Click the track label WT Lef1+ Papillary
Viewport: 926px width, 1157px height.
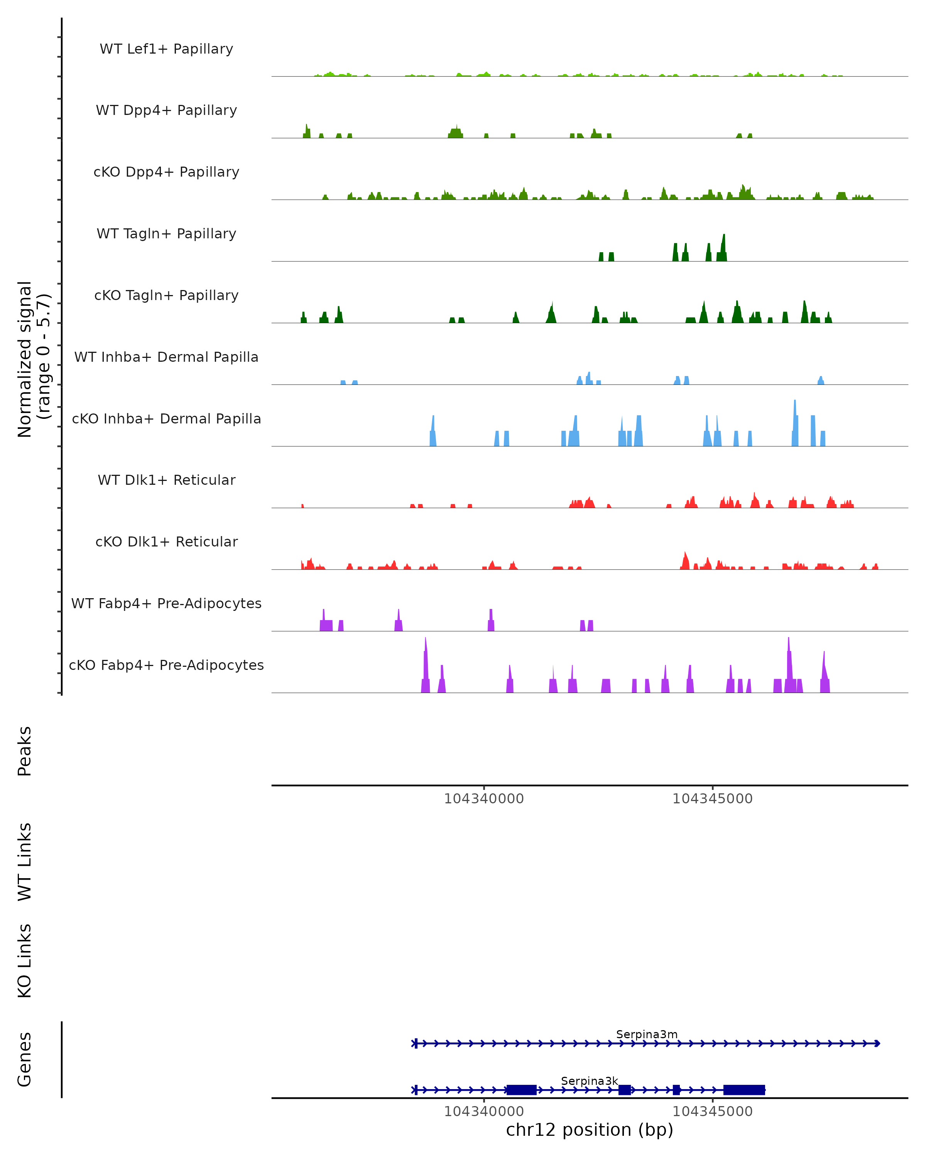[x=166, y=49]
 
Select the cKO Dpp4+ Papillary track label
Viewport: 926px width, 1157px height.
[x=166, y=172]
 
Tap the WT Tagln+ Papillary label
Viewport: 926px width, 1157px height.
[x=166, y=234]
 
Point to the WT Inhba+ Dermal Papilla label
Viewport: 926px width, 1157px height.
[x=166, y=358]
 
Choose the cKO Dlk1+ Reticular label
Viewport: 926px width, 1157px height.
[x=166, y=542]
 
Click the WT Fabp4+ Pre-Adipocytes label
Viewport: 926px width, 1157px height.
[x=166, y=604]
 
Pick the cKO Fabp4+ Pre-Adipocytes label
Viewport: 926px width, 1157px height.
[x=166, y=665]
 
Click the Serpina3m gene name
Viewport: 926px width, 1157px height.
[x=647, y=1035]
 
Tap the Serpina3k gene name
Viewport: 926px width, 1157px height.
[x=590, y=1081]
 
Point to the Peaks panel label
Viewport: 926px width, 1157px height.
[x=25, y=751]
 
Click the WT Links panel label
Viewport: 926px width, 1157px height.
[x=25, y=861]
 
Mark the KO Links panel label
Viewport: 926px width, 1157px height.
[x=25, y=961]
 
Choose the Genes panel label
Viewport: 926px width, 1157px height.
[x=25, y=1059]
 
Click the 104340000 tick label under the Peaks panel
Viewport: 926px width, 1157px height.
[x=484, y=799]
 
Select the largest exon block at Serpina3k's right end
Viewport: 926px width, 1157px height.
[x=744, y=1090]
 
